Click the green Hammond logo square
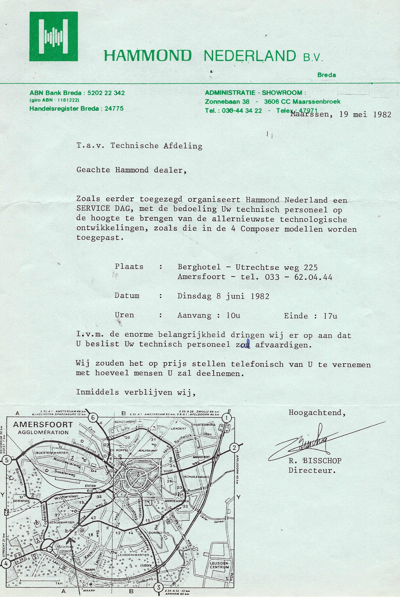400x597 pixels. (53, 36)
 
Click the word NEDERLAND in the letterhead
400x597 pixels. (250, 56)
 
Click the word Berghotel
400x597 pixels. (199, 267)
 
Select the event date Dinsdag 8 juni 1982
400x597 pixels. (223, 296)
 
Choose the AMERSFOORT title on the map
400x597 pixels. (43, 425)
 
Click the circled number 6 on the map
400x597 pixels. (93, 418)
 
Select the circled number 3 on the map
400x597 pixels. (158, 586)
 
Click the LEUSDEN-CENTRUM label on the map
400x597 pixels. (220, 565)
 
